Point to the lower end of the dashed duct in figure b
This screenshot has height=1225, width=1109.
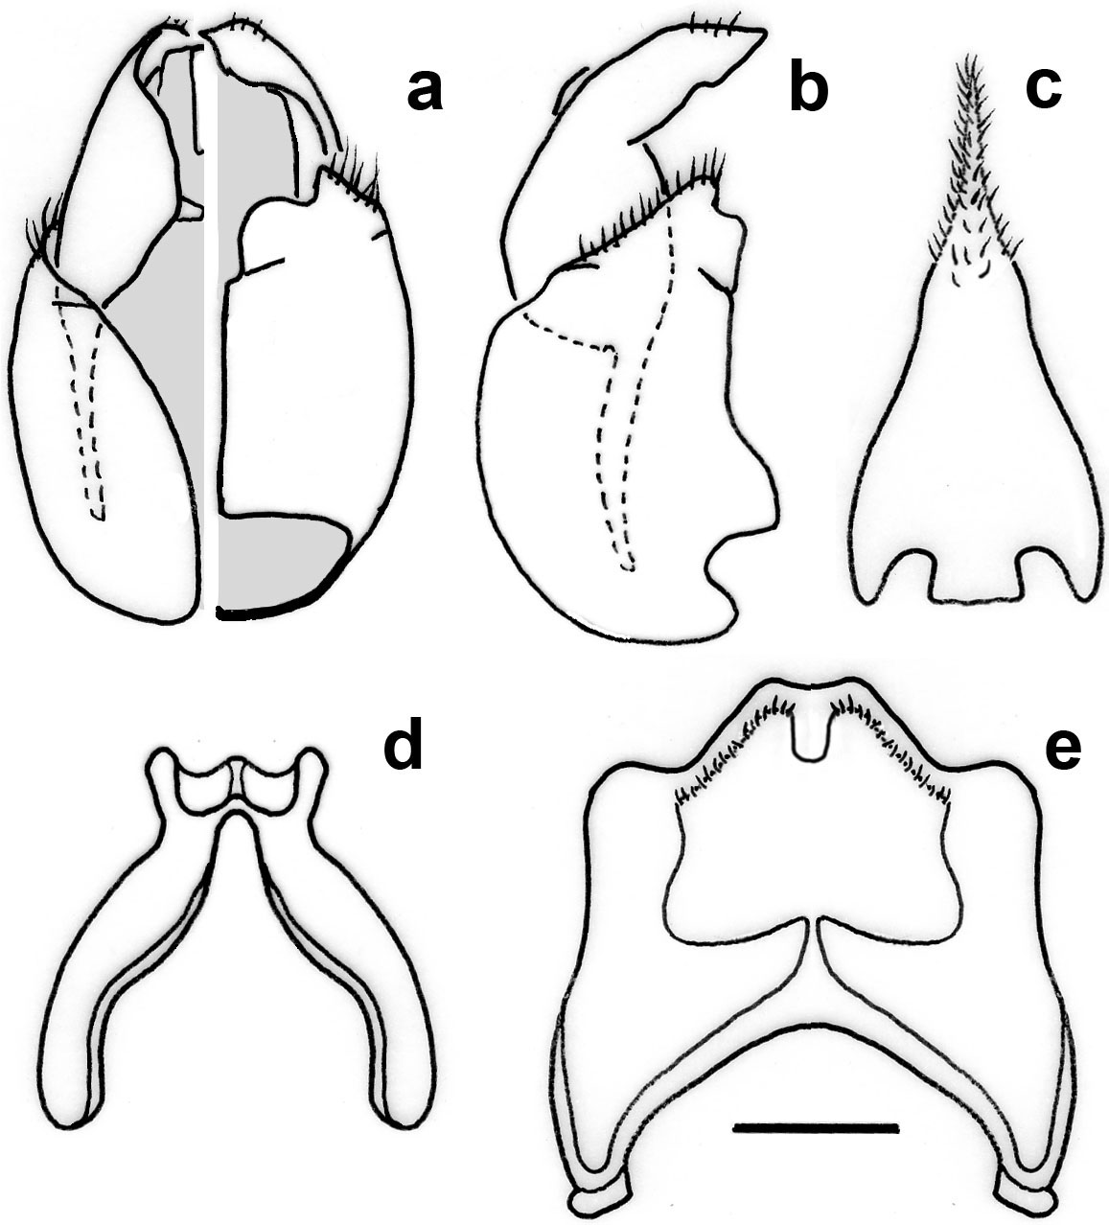628,569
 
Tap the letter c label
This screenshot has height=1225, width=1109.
1043,90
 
